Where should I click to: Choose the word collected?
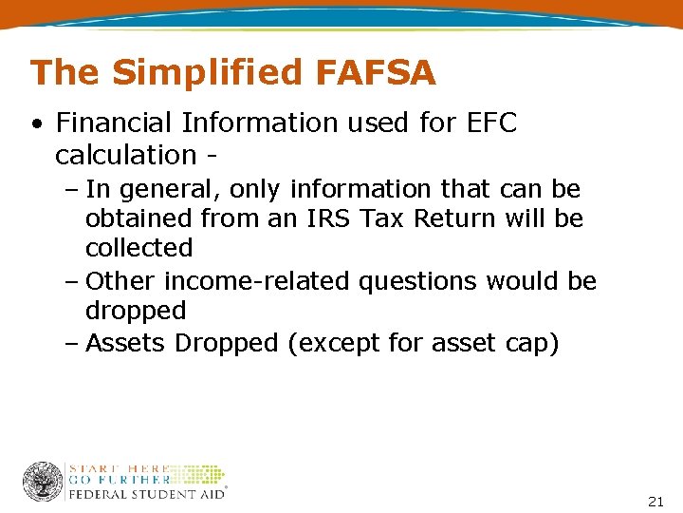point(138,249)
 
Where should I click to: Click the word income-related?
point(254,281)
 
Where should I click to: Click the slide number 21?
point(655,501)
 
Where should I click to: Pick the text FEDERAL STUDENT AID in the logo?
point(146,494)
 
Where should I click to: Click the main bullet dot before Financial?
point(36,123)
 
